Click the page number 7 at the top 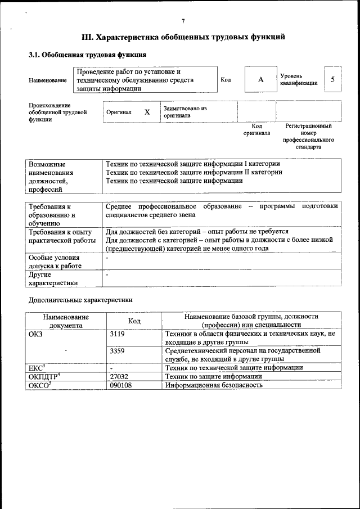[x=183, y=21]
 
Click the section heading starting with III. [x=183, y=38]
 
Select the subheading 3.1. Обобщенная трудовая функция [x=87, y=55]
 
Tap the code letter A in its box [x=260, y=80]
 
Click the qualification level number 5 [x=332, y=79]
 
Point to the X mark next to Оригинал [x=147, y=112]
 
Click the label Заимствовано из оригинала [x=185, y=111]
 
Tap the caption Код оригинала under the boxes [x=256, y=130]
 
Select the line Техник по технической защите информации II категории [x=193, y=172]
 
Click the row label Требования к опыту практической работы [x=60, y=236]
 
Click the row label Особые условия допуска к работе [x=55, y=262]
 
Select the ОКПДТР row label [x=44, y=376]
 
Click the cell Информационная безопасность [x=214, y=385]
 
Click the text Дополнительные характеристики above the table [x=80, y=300]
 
